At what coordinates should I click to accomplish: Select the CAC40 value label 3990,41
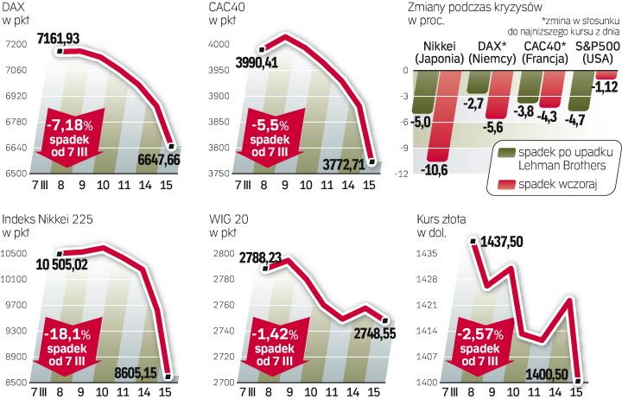click(x=237, y=61)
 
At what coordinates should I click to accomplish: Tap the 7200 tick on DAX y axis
click(x=15, y=43)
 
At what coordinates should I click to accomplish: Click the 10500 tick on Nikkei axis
click(x=16, y=253)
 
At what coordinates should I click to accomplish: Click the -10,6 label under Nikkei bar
click(x=437, y=168)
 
